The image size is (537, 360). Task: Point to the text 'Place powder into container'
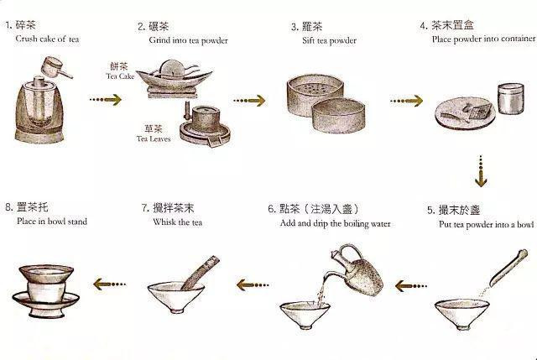click(x=477, y=39)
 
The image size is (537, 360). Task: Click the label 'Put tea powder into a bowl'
click(x=485, y=224)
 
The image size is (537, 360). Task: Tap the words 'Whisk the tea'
click(x=177, y=224)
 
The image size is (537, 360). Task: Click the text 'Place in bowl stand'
click(x=51, y=222)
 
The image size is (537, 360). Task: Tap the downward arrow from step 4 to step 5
click(x=480, y=171)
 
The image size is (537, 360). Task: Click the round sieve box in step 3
click(x=318, y=109)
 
